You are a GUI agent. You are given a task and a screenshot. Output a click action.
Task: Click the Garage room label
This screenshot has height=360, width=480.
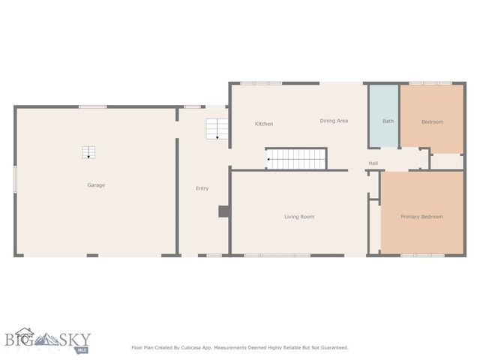point(96,184)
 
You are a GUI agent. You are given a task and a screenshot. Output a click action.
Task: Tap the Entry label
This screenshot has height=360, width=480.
point(202,188)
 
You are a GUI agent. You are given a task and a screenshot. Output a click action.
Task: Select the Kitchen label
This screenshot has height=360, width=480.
point(264,124)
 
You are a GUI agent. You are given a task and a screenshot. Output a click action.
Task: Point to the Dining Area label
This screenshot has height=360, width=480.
point(334,121)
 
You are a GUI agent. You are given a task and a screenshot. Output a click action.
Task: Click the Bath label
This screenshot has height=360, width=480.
point(388,121)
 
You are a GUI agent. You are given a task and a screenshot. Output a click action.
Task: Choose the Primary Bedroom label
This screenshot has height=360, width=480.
point(421,217)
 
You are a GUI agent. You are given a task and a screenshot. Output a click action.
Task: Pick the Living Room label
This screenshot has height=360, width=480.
point(299,217)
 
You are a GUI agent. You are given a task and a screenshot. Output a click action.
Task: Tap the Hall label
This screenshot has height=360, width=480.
point(373,163)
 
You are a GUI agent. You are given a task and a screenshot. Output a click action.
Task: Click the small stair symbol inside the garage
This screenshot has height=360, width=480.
point(89,152)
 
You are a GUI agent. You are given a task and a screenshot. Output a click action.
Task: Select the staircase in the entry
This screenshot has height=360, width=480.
point(217,128)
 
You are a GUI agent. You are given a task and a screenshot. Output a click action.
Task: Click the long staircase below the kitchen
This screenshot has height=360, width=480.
point(297,159)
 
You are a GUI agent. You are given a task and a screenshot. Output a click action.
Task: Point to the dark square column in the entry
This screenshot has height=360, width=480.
point(223,212)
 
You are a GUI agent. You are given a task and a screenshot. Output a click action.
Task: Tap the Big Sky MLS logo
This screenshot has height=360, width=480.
point(46,340)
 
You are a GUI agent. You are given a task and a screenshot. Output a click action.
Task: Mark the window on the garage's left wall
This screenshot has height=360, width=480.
point(15,180)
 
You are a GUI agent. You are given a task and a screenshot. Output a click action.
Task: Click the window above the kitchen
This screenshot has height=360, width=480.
point(256,83)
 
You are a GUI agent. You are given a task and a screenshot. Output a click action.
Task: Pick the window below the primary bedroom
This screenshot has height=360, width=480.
point(421,256)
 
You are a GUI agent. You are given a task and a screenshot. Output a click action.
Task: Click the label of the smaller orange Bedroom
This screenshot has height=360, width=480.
point(432,121)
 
